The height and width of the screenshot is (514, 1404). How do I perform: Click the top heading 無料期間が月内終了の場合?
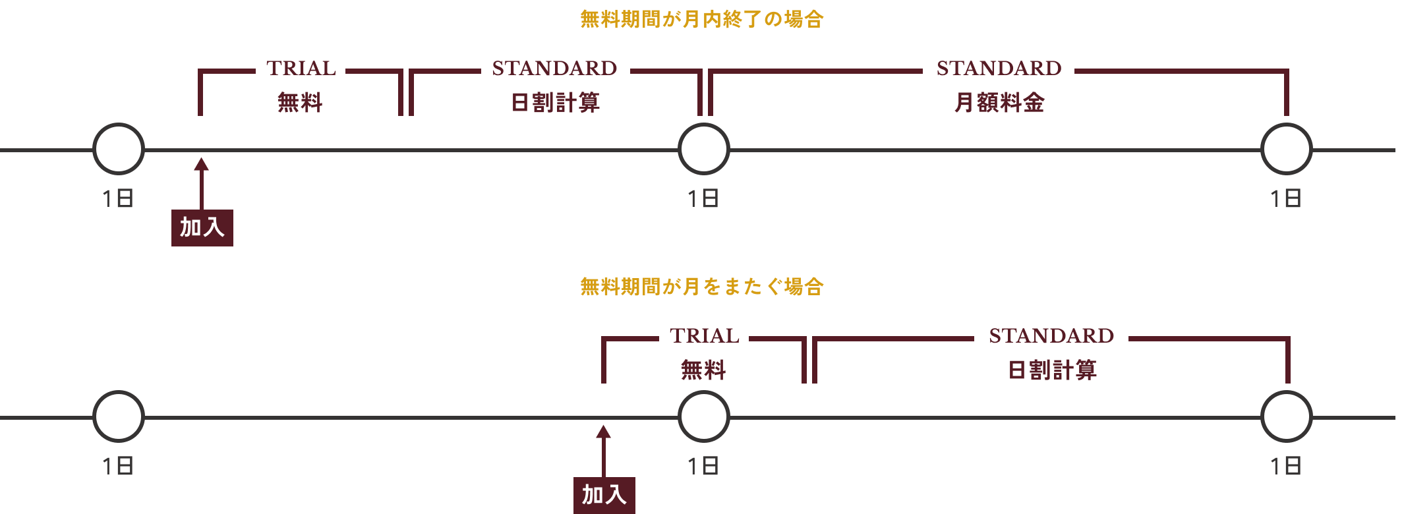tap(701, 19)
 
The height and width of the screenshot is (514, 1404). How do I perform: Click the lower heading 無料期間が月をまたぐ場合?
tap(701, 287)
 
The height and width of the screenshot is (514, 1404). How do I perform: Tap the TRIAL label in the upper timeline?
tap(301, 69)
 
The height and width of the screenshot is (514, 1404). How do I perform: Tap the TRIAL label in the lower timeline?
tap(704, 336)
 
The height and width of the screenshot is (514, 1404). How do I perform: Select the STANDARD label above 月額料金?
tap(999, 69)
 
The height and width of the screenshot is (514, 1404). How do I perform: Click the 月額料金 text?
tap(999, 103)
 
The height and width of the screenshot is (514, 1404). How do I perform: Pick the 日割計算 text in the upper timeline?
tap(555, 103)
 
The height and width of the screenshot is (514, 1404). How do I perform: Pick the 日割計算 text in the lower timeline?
tap(1052, 370)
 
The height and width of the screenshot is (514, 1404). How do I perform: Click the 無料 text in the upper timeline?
tap(300, 103)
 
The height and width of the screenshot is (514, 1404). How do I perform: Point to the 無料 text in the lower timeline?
tap(703, 370)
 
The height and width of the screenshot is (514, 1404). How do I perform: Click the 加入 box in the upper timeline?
tap(202, 227)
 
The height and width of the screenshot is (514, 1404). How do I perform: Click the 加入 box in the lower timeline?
tap(604, 495)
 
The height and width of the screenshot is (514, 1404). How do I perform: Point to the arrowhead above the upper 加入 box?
tap(202, 164)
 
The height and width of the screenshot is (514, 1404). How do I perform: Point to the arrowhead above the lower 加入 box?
tap(603, 432)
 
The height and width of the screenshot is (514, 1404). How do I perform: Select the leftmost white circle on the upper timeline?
tap(119, 149)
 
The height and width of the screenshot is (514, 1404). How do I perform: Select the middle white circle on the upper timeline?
tap(703, 149)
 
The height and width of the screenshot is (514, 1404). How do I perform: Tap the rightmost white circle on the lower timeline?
tap(1286, 416)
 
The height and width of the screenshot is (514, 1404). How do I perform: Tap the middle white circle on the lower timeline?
tap(703, 416)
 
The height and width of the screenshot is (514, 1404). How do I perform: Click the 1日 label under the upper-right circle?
tap(1285, 198)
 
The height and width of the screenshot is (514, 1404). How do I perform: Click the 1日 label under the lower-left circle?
tap(118, 466)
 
